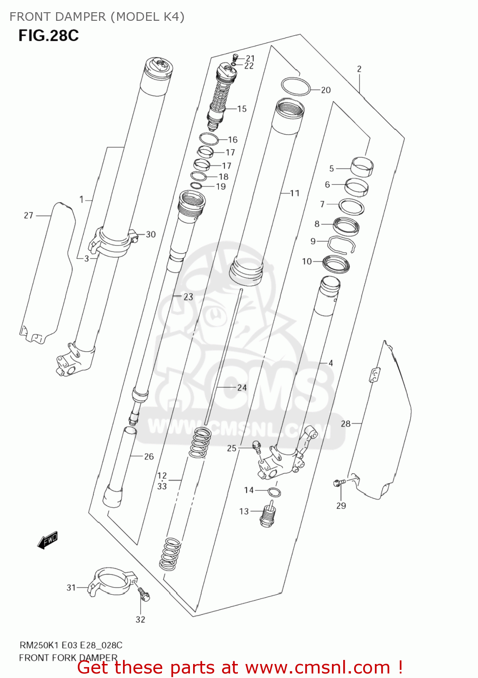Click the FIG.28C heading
[48, 35]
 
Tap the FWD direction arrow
[47, 540]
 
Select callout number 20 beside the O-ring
[326, 90]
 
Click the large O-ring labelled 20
[296, 86]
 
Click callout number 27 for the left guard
[28, 216]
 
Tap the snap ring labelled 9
[341, 245]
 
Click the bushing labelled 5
[362, 167]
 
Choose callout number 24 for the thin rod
[242, 387]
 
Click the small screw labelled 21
[235, 57]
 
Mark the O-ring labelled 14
[274, 492]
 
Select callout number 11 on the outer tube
[294, 193]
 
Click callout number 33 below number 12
[162, 486]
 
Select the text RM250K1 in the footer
[39, 645]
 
